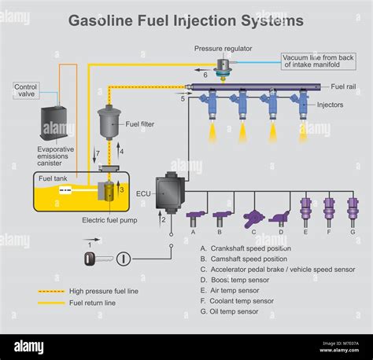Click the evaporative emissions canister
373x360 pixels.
click(58, 124)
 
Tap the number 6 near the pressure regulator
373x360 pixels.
click(205, 75)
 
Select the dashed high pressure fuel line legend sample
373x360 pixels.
click(49, 291)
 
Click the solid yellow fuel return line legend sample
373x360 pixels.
click(49, 302)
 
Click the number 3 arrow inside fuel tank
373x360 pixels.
click(121, 189)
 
